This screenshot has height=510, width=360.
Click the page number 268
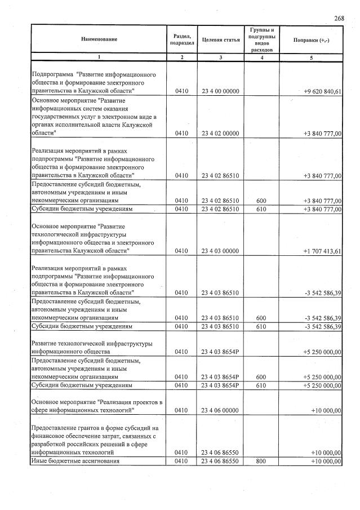click(339, 18)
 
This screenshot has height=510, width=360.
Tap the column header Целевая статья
click(220, 39)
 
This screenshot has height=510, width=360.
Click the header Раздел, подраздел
click(181, 39)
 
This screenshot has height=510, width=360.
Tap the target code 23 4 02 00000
click(220, 134)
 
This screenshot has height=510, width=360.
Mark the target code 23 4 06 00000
click(220, 410)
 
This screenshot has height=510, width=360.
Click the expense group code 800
click(260, 461)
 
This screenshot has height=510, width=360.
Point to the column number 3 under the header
click(220, 57)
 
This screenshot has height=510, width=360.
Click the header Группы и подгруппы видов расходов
click(260, 39)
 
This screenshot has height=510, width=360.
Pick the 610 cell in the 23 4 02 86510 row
click(260, 209)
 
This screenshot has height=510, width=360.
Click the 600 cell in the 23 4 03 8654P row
click(260, 377)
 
